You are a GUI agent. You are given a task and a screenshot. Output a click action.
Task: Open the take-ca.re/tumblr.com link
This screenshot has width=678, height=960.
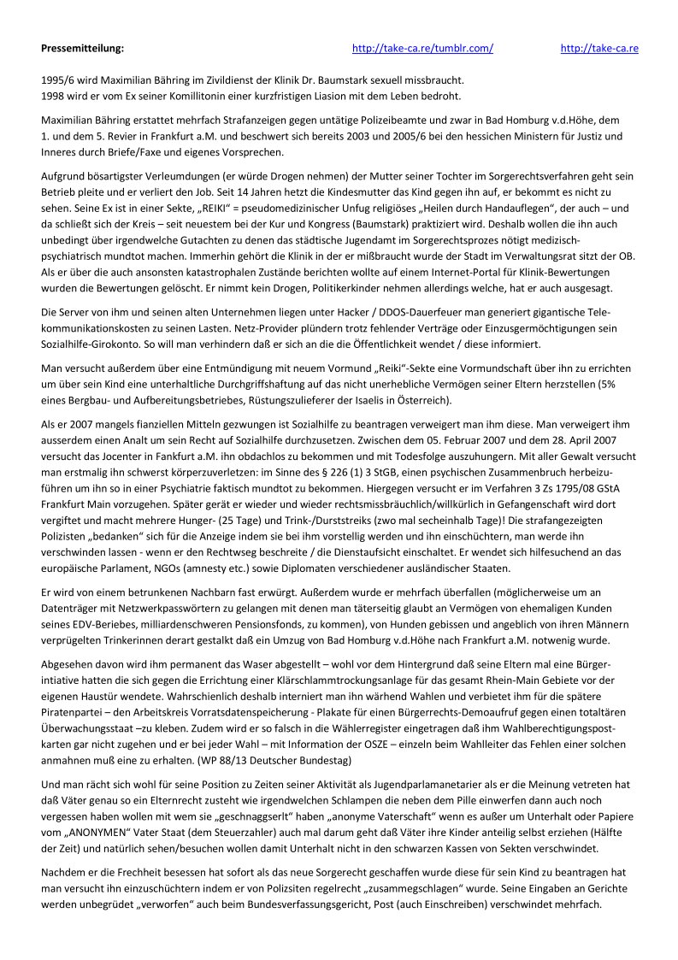tap(422, 49)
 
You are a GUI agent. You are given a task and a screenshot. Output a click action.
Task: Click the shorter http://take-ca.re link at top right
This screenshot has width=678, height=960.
tap(599, 49)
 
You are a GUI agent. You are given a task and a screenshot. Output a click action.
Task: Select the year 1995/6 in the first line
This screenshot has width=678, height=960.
tap(56, 78)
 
